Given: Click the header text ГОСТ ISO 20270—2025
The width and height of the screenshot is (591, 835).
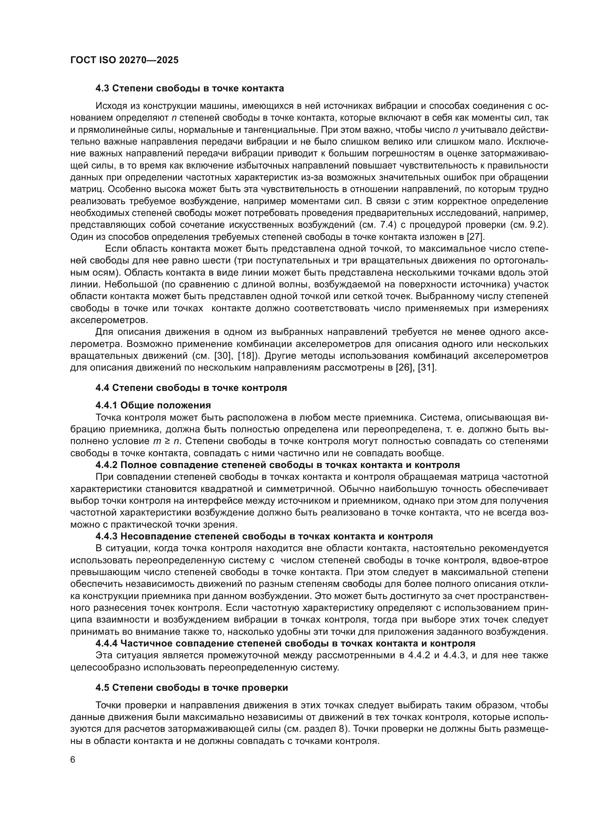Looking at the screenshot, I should pos(124,60).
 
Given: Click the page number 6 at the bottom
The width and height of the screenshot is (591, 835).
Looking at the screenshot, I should pos(73,760).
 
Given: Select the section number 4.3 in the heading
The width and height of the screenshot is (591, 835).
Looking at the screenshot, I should pos(102,89).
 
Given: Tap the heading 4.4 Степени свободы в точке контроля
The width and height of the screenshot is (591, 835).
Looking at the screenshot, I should pos(191,388).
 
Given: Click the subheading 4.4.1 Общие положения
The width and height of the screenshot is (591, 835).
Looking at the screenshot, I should pos(153,405).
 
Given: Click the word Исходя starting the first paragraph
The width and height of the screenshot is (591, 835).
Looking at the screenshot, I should pos(108,106).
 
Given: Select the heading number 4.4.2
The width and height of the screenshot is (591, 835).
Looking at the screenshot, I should pos(106,465).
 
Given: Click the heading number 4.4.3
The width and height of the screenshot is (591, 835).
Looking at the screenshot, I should pos(106,536).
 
